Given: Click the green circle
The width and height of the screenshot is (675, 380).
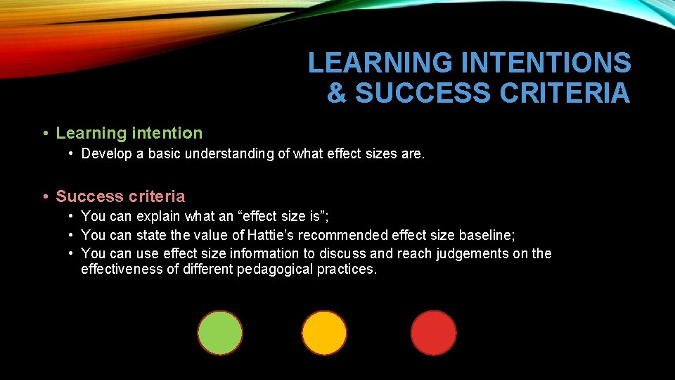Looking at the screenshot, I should tap(220, 333).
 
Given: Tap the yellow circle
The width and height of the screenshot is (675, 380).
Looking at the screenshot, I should tap(324, 333).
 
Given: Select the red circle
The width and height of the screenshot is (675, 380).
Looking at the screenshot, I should tap(433, 333).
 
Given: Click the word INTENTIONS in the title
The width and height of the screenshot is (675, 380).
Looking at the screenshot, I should tap(546, 63).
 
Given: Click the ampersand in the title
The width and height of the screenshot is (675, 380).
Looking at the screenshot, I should tap(337, 93).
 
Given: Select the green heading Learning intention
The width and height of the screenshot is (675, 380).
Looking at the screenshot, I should tap(129, 133).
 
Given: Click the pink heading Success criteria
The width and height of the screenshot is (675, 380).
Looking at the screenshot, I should tap(120, 196).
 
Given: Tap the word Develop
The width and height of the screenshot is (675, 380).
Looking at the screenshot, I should tap(106, 154).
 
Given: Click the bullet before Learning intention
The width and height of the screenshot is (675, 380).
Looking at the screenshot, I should tap(44, 133).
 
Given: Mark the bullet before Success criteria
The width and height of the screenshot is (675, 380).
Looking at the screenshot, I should tap(44, 196).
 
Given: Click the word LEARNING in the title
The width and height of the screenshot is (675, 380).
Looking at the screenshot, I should tap(380, 63).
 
